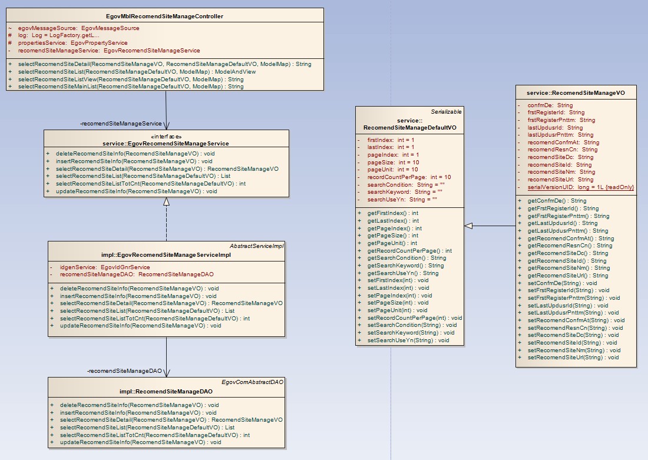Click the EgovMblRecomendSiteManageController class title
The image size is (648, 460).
coord(166,16)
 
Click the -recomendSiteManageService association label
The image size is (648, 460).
coord(121,124)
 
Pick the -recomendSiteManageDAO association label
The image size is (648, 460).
coord(124,371)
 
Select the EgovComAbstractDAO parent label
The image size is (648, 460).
coord(253,382)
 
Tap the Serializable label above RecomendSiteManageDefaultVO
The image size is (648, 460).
coord(446,111)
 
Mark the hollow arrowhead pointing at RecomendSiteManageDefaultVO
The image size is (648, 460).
coord(468,226)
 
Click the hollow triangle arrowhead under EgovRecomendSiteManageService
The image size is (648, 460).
coord(166,201)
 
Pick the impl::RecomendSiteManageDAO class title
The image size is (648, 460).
coord(166,392)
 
